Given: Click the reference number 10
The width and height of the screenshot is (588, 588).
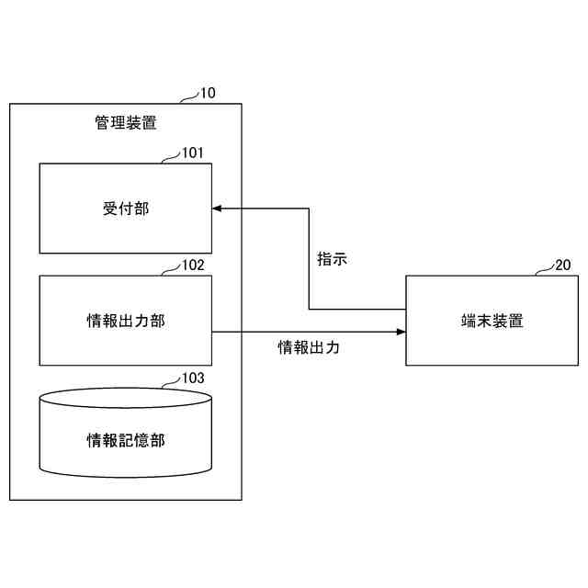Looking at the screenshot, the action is (209, 93).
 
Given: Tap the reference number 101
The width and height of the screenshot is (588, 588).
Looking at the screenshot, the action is (192, 153).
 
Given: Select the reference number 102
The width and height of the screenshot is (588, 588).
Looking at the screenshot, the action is (192, 266).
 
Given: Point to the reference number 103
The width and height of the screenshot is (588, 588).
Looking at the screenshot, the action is (192, 378).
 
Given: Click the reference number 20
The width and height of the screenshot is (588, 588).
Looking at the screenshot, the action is (562, 266).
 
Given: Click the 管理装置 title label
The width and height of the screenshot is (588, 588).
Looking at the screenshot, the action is (126, 122).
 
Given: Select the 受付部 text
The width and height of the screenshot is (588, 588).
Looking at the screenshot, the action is (126, 209).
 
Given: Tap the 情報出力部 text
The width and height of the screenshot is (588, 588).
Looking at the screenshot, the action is (126, 321).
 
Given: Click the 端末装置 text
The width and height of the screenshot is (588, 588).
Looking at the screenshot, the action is (492, 321).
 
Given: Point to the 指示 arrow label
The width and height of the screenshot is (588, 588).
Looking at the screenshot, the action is (332, 259).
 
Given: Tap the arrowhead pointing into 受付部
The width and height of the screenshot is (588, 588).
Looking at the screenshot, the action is (218, 209).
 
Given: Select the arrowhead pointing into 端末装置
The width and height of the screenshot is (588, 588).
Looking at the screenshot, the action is (401, 332).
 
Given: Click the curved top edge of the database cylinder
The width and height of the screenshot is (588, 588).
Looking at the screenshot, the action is (126, 390).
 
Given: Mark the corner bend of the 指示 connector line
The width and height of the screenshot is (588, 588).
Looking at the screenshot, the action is (309, 310).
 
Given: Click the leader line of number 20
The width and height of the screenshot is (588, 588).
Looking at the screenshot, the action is (543, 271).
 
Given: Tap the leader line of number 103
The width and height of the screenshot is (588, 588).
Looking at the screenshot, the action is (171, 382).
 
